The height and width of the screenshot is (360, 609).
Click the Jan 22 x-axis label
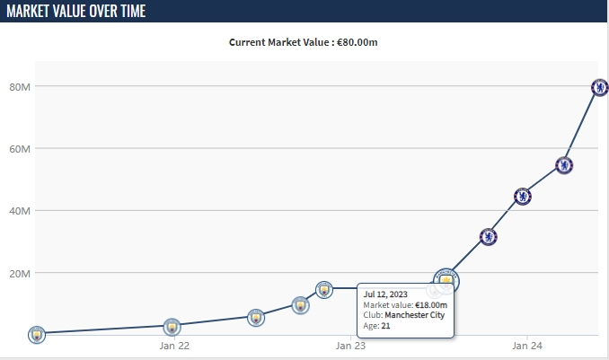(x=173, y=346)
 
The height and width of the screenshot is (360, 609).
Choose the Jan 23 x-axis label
(x=350, y=346)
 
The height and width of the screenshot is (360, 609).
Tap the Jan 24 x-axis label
(x=527, y=346)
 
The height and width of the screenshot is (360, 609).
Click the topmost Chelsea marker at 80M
(x=600, y=87)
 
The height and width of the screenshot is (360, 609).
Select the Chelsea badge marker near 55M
(x=564, y=165)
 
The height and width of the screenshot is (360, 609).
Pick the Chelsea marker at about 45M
(x=522, y=197)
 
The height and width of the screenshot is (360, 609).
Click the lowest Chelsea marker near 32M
(x=488, y=237)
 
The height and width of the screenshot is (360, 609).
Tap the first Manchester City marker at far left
(x=36, y=334)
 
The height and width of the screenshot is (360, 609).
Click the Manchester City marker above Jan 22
(x=172, y=326)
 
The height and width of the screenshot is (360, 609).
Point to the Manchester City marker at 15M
(x=324, y=289)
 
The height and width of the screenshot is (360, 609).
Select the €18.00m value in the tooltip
(x=429, y=305)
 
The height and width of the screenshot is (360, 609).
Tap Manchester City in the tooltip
(x=414, y=315)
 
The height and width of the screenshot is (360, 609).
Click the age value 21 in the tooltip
(x=385, y=325)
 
